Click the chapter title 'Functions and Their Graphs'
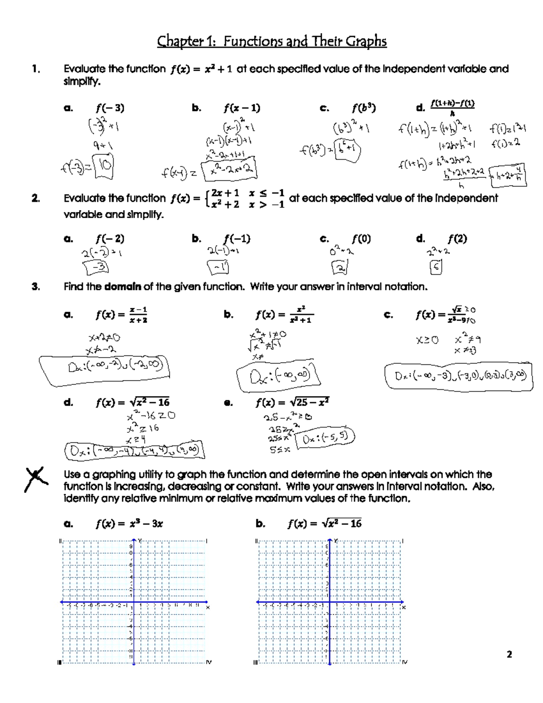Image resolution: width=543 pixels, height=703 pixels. click(305, 42)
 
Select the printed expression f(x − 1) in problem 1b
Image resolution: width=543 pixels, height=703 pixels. click(242, 108)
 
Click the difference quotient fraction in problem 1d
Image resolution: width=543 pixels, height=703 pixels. click(452, 108)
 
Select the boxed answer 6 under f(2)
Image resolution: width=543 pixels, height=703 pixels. click(436, 268)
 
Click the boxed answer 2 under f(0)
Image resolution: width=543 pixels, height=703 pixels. click(339, 268)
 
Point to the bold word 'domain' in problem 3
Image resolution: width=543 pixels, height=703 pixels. click(123, 287)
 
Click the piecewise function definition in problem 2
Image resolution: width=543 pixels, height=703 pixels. click(244, 199)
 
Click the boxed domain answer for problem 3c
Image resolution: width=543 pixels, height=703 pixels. click(458, 376)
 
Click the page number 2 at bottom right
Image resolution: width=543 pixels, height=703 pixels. click(509, 654)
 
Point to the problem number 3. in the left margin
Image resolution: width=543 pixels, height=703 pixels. click(36, 287)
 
